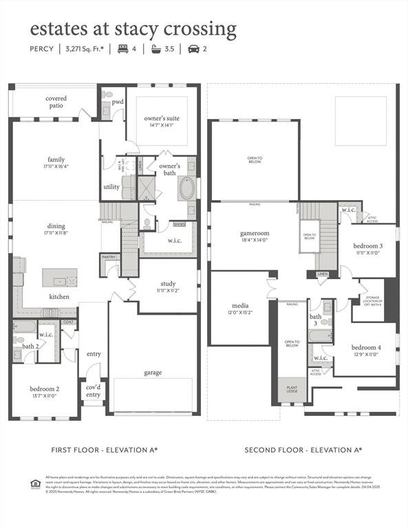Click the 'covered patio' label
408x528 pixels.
pyautogui.click(x=56, y=102)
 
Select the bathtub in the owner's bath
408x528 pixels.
pyautogui.click(x=187, y=188)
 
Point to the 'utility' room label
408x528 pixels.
pyautogui.click(x=111, y=186)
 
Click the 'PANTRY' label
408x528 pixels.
pyautogui.click(x=109, y=257)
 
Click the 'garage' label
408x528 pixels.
pyautogui.click(x=153, y=372)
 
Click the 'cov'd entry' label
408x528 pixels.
pyautogui.click(x=93, y=390)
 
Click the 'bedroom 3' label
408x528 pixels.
pyautogui.click(x=368, y=249)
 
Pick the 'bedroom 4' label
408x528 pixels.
pyautogui.click(x=365, y=351)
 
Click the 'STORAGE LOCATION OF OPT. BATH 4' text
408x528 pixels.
pyautogui.click(x=374, y=299)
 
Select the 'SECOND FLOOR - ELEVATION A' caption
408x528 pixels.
pyautogui.click(x=303, y=450)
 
